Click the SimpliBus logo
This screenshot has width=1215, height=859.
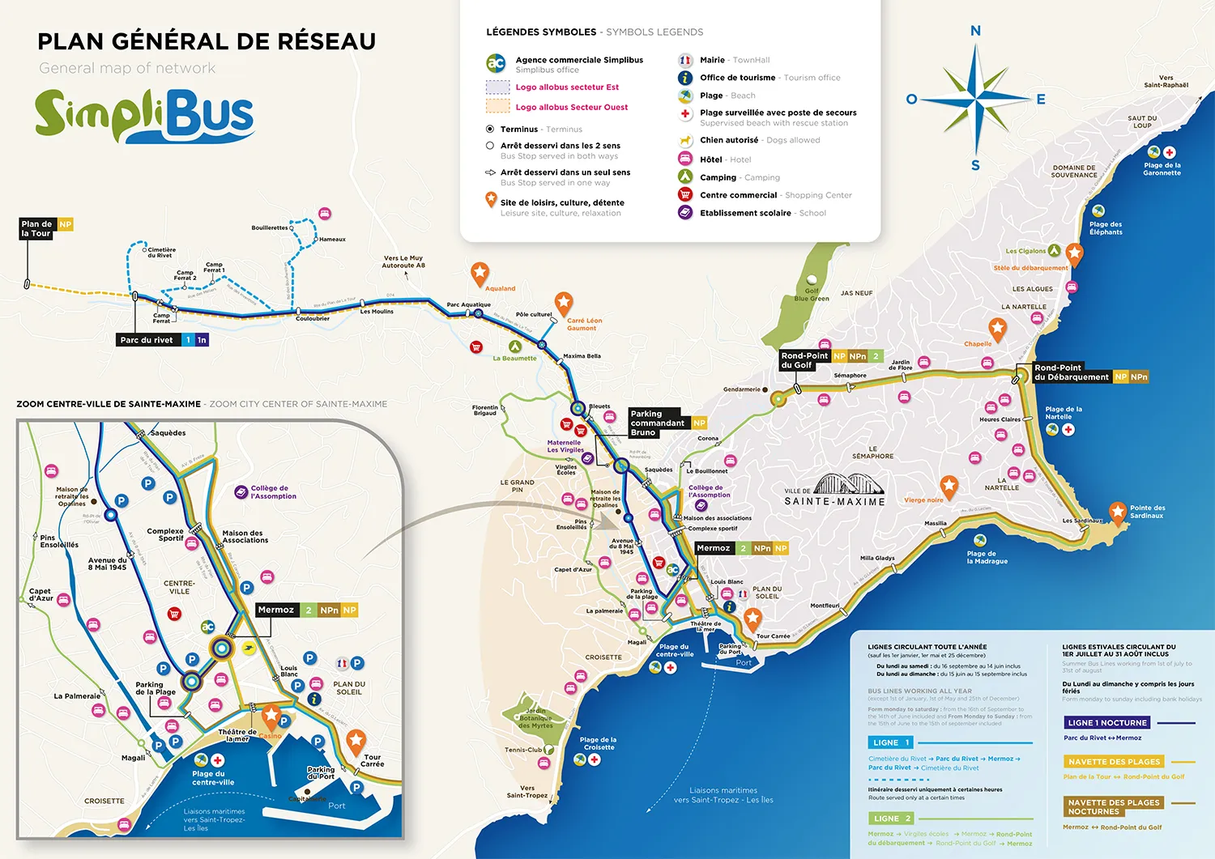coord(144,114)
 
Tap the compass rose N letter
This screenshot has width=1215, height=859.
coord(975,31)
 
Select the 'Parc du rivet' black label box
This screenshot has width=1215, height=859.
coord(147,340)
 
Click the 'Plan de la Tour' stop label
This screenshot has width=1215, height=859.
coord(36,228)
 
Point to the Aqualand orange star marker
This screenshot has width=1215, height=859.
coord(480,272)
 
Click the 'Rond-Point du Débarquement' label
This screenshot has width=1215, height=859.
coord(1071,372)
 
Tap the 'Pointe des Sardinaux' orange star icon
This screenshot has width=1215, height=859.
coord(1118,511)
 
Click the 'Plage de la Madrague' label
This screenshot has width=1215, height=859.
coord(987,558)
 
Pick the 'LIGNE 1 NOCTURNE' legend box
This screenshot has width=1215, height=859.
coord(1107,722)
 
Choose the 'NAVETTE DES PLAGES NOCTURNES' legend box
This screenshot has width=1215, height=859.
coord(1114,806)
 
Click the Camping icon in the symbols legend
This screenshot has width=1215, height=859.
coord(685,176)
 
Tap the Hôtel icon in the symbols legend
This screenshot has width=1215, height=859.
coord(685,159)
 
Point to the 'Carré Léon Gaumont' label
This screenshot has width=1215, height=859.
coord(584,324)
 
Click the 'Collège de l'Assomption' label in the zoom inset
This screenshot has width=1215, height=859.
coord(273,492)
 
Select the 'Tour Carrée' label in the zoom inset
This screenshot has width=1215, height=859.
coord(372,760)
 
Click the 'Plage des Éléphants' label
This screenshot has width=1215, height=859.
coord(1106,228)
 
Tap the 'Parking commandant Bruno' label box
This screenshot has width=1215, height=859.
coord(657,423)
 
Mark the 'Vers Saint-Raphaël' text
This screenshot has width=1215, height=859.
coord(1166,81)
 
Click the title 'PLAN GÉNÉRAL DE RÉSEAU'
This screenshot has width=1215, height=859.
coord(207,41)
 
